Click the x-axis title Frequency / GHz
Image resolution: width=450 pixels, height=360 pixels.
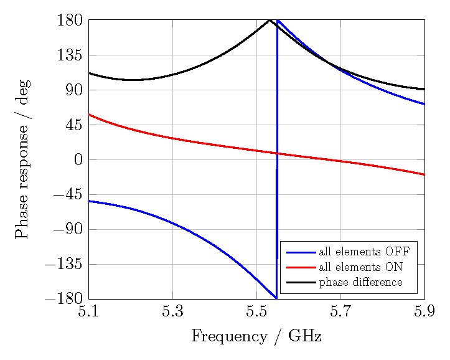point(256,337)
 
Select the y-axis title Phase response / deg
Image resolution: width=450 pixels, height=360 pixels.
point(22,159)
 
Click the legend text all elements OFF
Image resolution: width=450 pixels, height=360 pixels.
point(364,252)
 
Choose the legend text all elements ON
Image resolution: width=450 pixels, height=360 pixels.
point(361,268)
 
